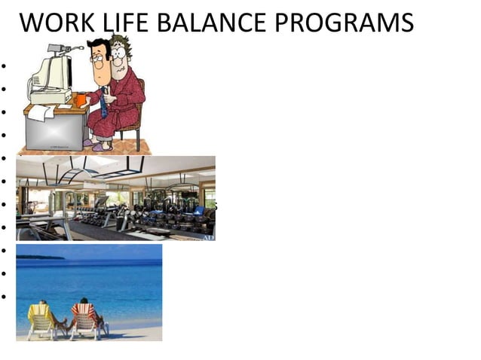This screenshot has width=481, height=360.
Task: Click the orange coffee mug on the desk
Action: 81,99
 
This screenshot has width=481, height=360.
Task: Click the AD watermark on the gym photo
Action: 208,237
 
